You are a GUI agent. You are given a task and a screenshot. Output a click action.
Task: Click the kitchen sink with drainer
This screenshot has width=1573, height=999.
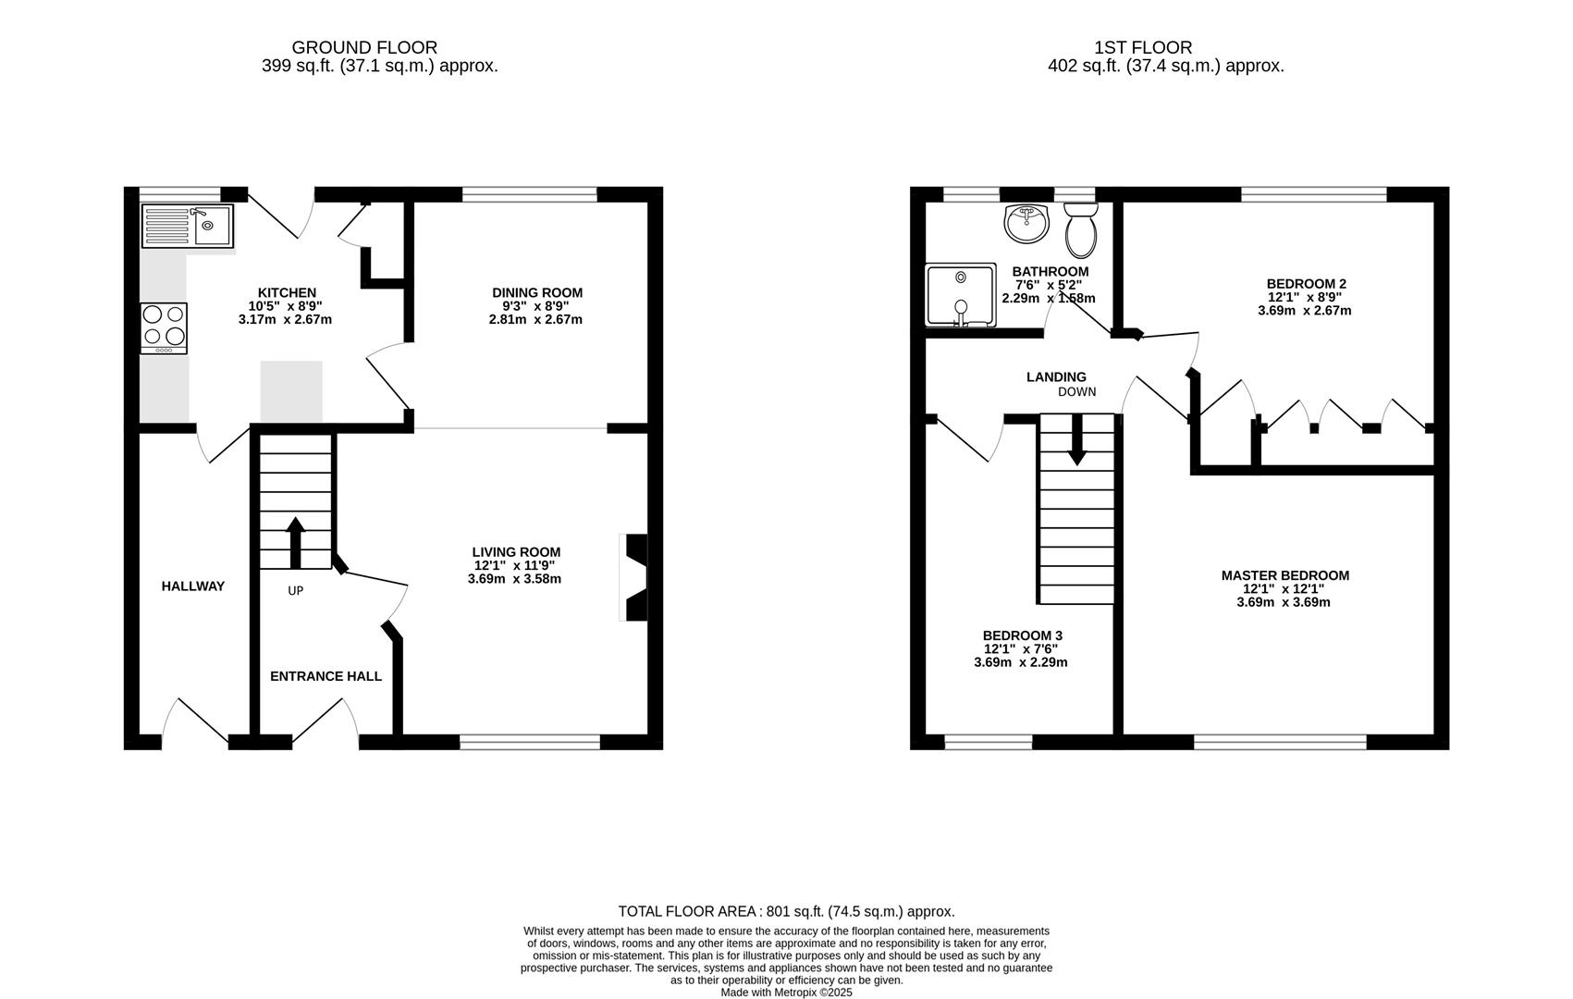coord(188,226)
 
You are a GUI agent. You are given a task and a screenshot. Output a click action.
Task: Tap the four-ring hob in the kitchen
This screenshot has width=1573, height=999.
coord(164,327)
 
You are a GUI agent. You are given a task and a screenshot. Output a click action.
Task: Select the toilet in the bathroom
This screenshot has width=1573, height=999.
coord(1080,230)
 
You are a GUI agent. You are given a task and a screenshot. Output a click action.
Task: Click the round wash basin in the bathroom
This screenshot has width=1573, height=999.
coord(1026,223)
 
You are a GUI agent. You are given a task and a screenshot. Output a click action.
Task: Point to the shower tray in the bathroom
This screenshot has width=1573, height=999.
coord(961,295)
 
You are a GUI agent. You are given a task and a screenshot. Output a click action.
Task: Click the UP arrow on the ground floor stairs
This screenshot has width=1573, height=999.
coord(296,543)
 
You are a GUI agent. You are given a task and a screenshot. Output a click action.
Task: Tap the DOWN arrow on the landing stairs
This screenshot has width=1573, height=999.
coord(1077,439)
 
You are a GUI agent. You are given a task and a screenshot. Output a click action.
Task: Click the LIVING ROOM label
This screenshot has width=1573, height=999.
coord(517,552)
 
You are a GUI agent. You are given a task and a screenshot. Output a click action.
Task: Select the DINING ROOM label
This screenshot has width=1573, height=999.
coord(537,292)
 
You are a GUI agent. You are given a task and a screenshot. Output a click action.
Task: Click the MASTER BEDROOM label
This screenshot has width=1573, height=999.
coord(1284,575)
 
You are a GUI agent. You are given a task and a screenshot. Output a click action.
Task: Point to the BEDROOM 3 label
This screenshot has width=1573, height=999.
coord(1022,635)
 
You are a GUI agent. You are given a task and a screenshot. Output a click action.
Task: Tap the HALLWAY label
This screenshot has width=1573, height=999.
coord(193,586)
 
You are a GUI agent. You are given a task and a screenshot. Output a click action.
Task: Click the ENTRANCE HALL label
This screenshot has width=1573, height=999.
coord(326,676)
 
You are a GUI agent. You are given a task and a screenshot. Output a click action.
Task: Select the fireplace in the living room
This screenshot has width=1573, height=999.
coord(636,578)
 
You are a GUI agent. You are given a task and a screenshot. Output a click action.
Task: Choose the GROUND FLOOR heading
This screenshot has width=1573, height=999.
coord(364,47)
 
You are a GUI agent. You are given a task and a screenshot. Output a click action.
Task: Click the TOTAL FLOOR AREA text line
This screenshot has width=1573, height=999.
coord(786,911)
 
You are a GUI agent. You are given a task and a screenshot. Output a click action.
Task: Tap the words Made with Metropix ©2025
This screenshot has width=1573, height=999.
coord(786,993)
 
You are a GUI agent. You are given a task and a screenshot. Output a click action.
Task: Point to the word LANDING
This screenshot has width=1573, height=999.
coord(1056,376)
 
